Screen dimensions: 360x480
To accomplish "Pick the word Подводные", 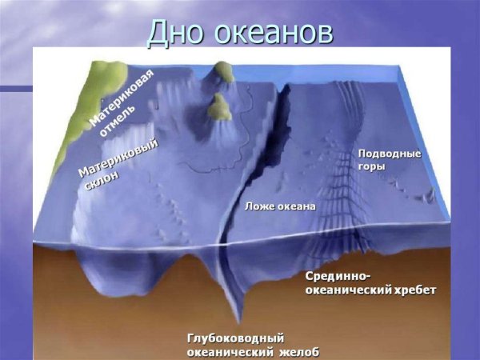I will coord(389,153).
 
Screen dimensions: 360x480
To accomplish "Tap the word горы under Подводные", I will coord(372,167).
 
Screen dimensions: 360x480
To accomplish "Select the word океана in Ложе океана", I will coord(296,206).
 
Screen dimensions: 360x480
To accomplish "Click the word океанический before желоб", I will coord(226,352).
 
